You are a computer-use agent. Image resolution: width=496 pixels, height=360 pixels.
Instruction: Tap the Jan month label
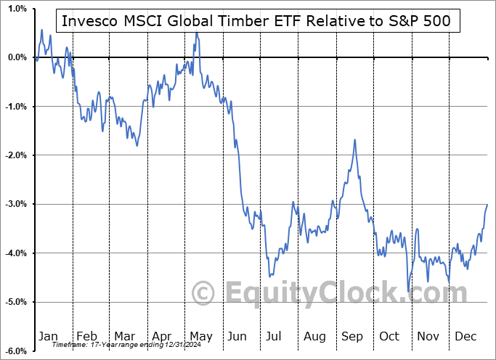pos(48,336)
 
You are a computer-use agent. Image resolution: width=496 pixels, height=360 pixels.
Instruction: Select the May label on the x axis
pos(201,336)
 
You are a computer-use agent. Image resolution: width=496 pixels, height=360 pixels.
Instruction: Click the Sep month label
pos(353,336)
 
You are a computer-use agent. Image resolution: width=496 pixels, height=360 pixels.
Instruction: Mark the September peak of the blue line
pos(354,139)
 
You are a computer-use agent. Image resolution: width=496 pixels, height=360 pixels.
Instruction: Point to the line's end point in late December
pos(487,205)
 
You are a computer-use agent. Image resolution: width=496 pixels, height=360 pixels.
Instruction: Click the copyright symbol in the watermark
pos(204,293)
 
